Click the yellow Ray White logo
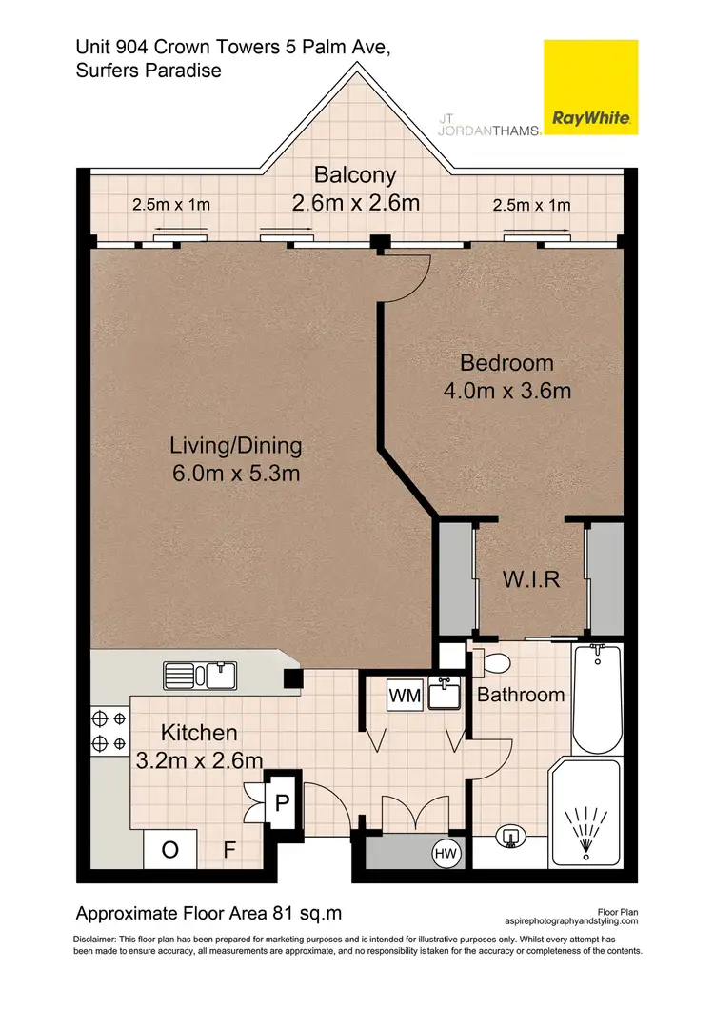click(x=590, y=87)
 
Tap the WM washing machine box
click(x=405, y=696)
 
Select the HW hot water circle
click(x=446, y=855)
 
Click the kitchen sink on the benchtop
click(x=200, y=676)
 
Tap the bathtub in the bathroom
click(x=597, y=698)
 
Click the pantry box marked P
click(x=282, y=802)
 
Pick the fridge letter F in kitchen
click(x=229, y=850)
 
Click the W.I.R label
click(x=531, y=579)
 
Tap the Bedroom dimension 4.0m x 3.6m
click(x=507, y=391)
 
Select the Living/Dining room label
click(x=236, y=446)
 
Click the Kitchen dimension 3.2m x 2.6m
click(x=199, y=760)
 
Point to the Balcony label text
click(x=355, y=174)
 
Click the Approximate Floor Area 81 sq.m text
click(x=208, y=913)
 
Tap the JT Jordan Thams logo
click(x=488, y=125)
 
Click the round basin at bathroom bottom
click(x=511, y=838)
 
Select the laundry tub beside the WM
click(x=444, y=694)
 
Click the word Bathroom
click(x=521, y=695)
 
